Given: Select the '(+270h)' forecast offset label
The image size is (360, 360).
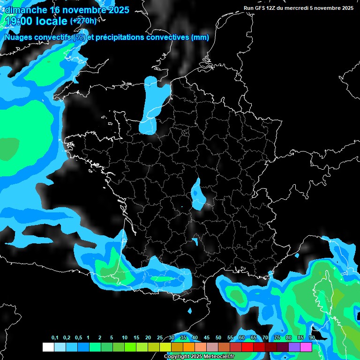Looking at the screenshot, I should pos(83,21).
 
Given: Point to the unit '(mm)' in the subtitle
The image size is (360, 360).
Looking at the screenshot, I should pos(201,37).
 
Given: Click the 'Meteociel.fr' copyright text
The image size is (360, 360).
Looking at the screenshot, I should pos(218,357).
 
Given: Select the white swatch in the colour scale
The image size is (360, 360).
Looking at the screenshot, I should pos(48,347).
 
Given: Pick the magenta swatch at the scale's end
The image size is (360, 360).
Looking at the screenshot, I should pos(306,347).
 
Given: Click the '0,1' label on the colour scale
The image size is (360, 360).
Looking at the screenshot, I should pos(54,338).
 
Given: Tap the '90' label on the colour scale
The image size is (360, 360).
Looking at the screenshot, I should pos(312,338).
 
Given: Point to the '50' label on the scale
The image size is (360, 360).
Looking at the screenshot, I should pos(218,338).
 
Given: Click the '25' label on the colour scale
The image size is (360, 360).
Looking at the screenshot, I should pos(160,338).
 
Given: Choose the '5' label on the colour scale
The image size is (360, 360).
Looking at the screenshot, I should pos(112,338).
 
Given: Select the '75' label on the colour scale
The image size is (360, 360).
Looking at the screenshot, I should pos(277,338).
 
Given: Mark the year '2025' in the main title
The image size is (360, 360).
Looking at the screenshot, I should pos(119,10).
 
